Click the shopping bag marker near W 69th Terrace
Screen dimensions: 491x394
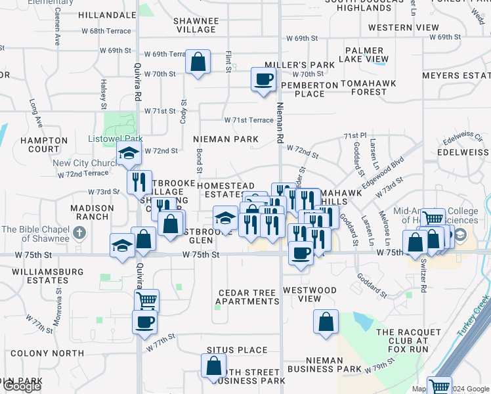pos(198,62)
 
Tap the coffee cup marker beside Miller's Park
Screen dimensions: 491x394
pos(264,79)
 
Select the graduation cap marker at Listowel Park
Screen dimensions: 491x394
pos(129,154)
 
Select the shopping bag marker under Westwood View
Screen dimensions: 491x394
pos(326,322)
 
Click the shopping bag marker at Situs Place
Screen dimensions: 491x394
pos(214,366)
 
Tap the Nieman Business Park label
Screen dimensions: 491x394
pos(333,364)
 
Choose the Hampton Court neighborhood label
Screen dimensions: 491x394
pos(44,144)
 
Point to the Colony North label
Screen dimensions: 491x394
pos(47,353)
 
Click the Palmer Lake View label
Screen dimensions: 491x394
pos(364,55)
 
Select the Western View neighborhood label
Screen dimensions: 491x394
pos(404,28)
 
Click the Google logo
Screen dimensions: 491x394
pos(22,386)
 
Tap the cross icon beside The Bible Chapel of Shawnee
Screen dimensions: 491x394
pos(79,232)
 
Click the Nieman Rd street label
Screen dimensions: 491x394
pos(280,116)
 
